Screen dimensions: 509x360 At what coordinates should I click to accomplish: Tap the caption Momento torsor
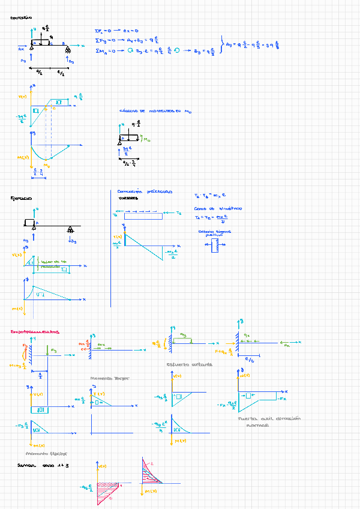(x=109, y=379)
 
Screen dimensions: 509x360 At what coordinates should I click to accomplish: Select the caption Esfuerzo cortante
(x=189, y=364)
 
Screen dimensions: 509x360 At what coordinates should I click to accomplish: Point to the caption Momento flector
(x=46, y=454)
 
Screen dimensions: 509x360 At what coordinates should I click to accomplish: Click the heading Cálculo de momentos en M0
(x=155, y=111)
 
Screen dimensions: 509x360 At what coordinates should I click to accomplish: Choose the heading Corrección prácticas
(x=145, y=191)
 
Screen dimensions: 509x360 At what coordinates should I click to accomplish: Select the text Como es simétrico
(x=218, y=208)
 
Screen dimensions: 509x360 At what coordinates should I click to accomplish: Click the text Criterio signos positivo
(x=214, y=233)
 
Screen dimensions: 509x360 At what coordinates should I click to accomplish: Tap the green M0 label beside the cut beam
(x=145, y=140)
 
